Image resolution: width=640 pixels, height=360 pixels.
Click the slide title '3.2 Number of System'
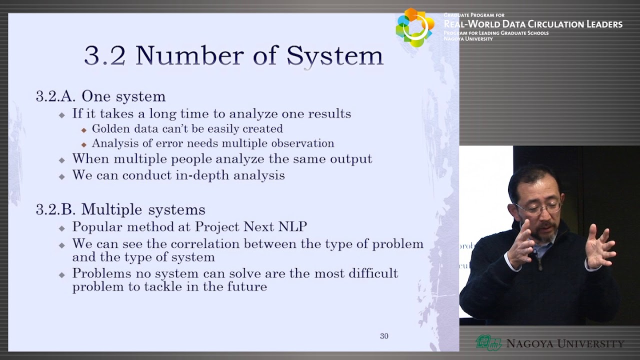click(233, 55)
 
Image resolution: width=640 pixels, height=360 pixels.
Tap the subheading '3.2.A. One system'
click(100, 96)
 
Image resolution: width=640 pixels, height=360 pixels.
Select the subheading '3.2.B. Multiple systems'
click(120, 209)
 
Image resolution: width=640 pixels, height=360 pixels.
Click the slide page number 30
click(384, 336)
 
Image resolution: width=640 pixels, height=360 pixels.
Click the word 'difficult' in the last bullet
click(371, 273)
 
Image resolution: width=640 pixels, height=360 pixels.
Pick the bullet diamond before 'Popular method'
click(62, 228)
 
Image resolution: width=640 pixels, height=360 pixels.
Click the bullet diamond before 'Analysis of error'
click(84, 144)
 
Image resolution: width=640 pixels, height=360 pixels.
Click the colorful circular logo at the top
click(414, 27)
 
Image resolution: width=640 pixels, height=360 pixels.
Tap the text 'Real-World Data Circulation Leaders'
click(533, 24)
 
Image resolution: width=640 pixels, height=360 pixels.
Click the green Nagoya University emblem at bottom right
click(488, 343)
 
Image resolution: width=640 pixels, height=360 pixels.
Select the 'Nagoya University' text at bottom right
click(565, 343)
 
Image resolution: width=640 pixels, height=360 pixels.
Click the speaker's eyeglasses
click(538, 207)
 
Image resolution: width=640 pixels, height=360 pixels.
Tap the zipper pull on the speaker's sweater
click(540, 267)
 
